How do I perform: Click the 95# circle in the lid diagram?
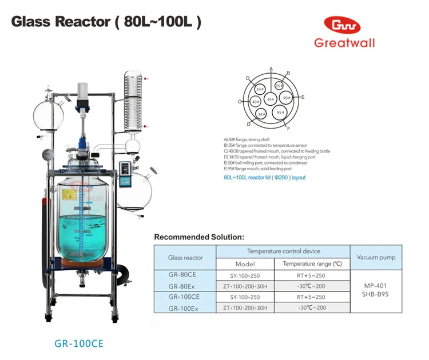coord(280,112)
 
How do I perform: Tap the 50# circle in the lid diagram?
coord(287,98)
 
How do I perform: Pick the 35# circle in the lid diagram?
coord(279,86)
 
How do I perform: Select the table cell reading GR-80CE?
coord(184,275)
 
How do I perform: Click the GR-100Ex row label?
coord(184,308)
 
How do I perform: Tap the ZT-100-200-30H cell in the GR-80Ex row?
coord(245,286)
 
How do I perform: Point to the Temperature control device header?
coord(283,251)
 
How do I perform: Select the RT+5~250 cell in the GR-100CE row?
coord(311,297)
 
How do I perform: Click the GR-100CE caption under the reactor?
coord(79,345)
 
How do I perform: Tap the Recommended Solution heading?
coord(199,237)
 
